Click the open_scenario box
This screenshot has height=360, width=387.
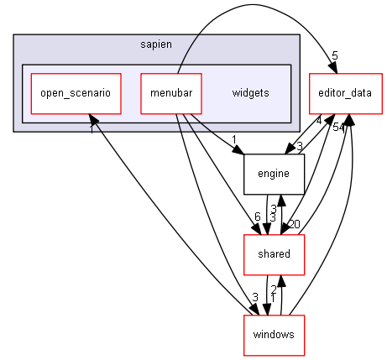[76, 94]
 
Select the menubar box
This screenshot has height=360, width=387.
[171, 94]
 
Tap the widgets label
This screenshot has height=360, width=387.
[250, 93]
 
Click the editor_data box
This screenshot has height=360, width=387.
[346, 94]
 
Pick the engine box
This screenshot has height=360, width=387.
[274, 174]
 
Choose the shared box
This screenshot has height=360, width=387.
[274, 254]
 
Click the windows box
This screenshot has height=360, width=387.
[274, 335]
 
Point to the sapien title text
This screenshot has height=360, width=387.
[156, 44]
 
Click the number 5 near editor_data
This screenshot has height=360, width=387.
[335, 56]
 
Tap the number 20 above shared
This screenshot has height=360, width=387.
[295, 224]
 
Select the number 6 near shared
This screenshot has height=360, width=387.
[258, 217]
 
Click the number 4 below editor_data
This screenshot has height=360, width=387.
[319, 121]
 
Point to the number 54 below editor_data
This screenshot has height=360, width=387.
[338, 128]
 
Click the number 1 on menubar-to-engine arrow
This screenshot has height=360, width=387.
[234, 139]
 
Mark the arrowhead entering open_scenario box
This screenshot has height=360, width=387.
[93, 120]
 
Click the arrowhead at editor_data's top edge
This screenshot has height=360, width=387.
[333, 68]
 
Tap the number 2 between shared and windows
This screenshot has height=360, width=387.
[274, 290]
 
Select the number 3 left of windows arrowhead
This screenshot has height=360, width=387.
[255, 297]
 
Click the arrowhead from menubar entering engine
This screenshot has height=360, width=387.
[238, 150]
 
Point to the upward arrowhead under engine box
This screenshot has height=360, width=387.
[281, 201]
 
